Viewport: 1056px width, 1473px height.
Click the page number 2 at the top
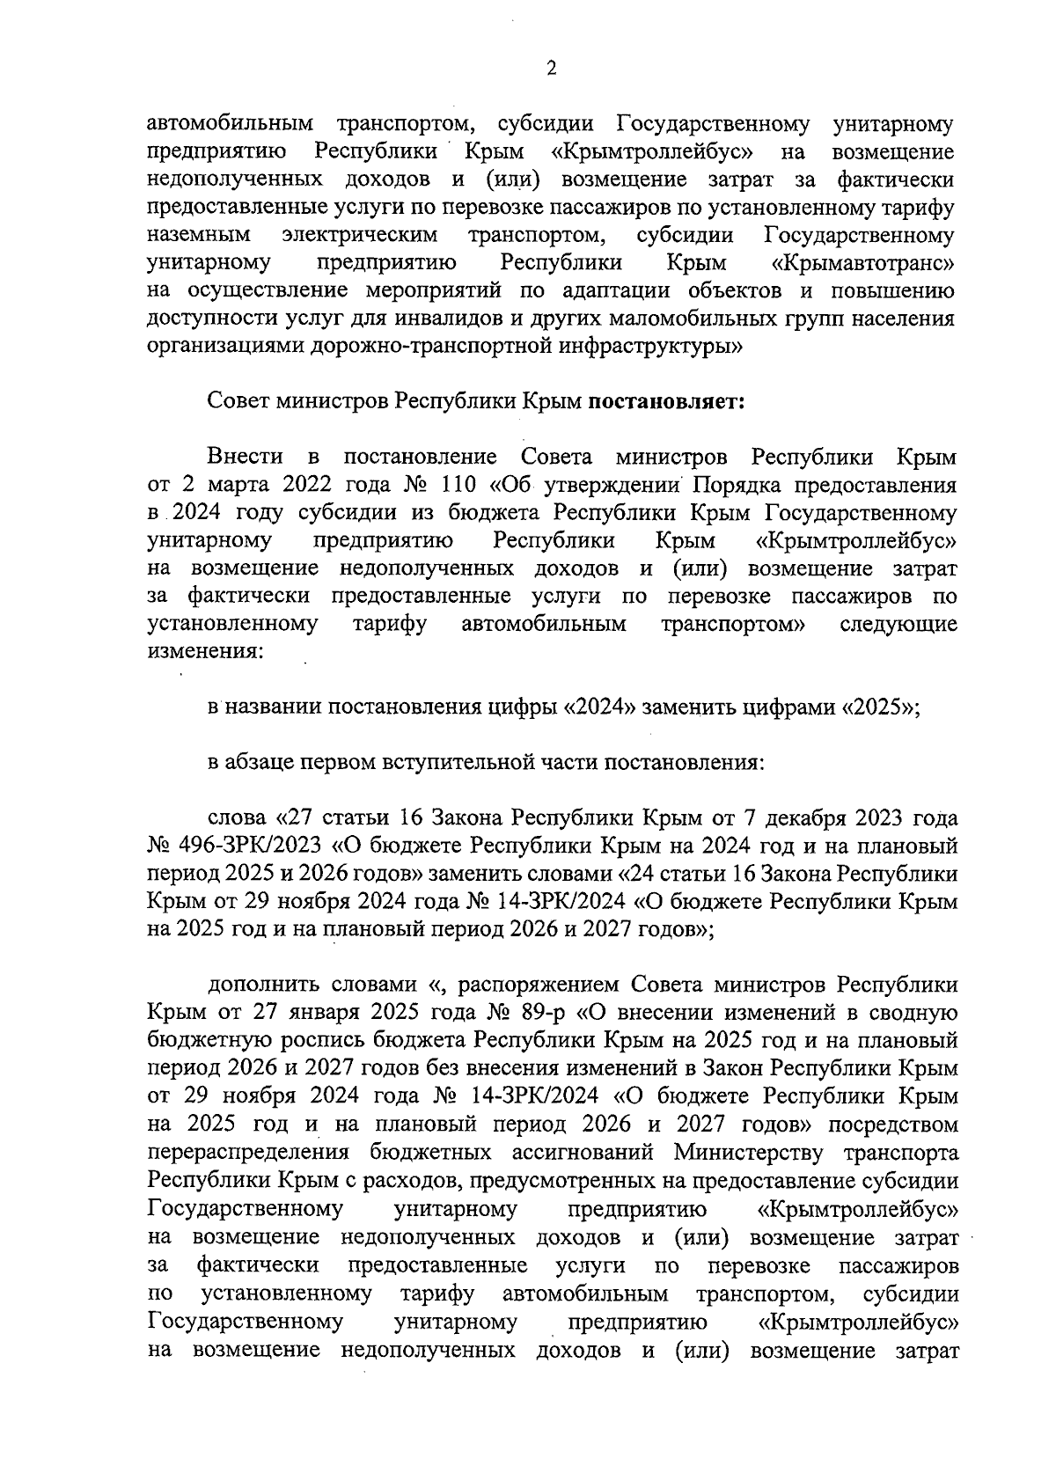(551, 70)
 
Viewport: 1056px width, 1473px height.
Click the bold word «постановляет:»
(666, 402)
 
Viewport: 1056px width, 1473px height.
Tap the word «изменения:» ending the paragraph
(204, 653)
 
